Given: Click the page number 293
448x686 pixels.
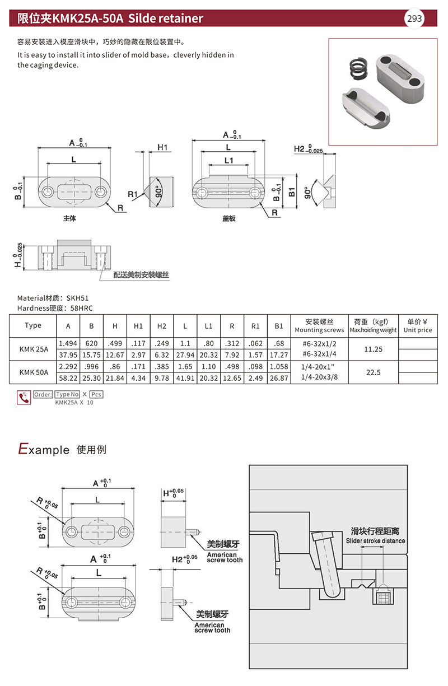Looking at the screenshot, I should pyautogui.click(x=414, y=18).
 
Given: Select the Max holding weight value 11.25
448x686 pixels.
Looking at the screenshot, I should pyautogui.click(x=373, y=348).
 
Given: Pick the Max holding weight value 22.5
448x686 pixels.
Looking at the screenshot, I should pyautogui.click(x=373, y=372).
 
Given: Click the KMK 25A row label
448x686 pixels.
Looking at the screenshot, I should pyautogui.click(x=34, y=348).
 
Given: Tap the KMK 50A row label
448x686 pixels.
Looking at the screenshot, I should pyautogui.click(x=34, y=372).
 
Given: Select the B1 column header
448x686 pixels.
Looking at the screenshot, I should pyautogui.click(x=279, y=326).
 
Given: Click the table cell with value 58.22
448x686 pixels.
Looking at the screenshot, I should pyautogui.click(x=68, y=378).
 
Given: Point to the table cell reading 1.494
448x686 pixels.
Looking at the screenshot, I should pyautogui.click(x=68, y=342).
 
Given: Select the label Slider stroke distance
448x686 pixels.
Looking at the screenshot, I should pyautogui.click(x=375, y=541).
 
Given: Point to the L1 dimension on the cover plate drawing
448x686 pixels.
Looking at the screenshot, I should pyautogui.click(x=228, y=160).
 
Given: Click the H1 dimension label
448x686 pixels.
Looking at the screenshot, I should pyautogui.click(x=163, y=147).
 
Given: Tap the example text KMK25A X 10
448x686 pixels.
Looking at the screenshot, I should pyautogui.click(x=74, y=403).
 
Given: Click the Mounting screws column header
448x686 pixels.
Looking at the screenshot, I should pyautogui.click(x=319, y=326).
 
